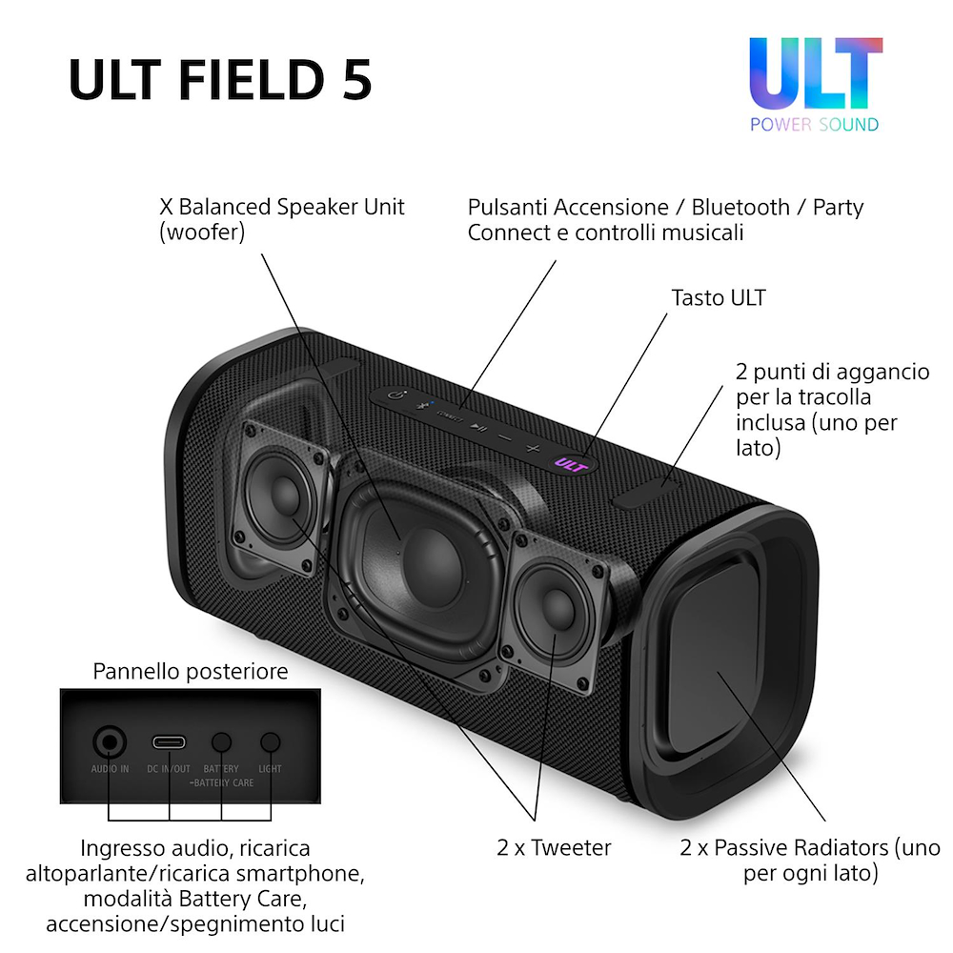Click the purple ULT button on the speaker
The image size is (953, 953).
(570, 464)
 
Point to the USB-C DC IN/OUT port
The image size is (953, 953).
(170, 742)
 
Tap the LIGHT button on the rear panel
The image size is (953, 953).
(271, 742)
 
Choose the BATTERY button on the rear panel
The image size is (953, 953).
(222, 742)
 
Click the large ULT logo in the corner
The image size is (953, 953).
(815, 74)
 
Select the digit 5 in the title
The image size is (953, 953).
(355, 81)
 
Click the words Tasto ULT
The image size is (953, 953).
(719, 298)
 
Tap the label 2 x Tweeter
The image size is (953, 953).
(554, 846)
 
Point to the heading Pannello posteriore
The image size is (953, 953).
(191, 672)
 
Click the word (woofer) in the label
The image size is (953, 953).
(202, 232)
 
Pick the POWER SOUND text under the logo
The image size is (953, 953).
(815, 124)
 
